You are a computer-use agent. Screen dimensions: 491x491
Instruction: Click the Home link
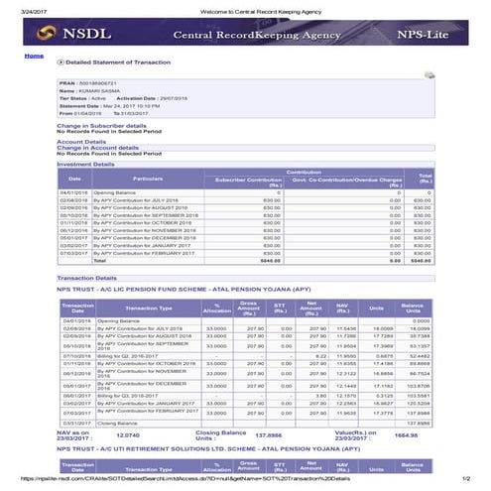34,57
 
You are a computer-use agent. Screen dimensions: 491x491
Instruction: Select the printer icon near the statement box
430,75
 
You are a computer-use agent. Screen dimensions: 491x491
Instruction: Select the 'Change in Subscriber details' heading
102,126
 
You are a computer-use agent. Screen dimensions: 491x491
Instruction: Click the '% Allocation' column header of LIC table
209,308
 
